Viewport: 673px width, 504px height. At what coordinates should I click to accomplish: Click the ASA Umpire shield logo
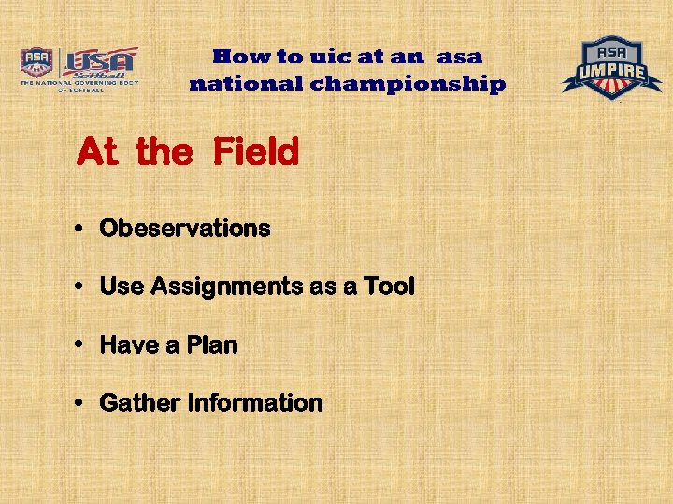[x=611, y=67]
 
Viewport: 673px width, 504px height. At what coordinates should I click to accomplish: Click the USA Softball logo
[x=79, y=67]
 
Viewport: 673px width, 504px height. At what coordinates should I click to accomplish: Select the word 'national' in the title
[x=246, y=85]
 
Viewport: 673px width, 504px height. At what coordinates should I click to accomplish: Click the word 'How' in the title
[x=238, y=57]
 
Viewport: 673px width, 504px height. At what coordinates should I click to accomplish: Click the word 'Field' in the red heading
[x=255, y=151]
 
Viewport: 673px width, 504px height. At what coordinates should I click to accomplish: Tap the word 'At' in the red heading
[x=98, y=151]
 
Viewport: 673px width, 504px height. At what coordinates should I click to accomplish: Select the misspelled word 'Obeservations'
[x=185, y=229]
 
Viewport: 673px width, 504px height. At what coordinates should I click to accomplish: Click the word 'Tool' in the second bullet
[x=389, y=287]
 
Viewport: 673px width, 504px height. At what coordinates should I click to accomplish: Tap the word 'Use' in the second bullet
[x=122, y=287]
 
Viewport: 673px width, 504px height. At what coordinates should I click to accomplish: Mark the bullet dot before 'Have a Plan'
[x=82, y=345]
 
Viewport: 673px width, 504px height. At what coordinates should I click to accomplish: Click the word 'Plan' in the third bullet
[x=212, y=345]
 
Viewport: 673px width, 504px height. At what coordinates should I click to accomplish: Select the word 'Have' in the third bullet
[x=129, y=345]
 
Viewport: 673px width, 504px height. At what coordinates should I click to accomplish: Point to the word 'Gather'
[x=140, y=403]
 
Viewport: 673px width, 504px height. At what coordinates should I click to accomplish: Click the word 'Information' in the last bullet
[x=255, y=403]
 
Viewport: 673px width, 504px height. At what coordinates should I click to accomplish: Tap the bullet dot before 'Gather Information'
[x=82, y=404]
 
